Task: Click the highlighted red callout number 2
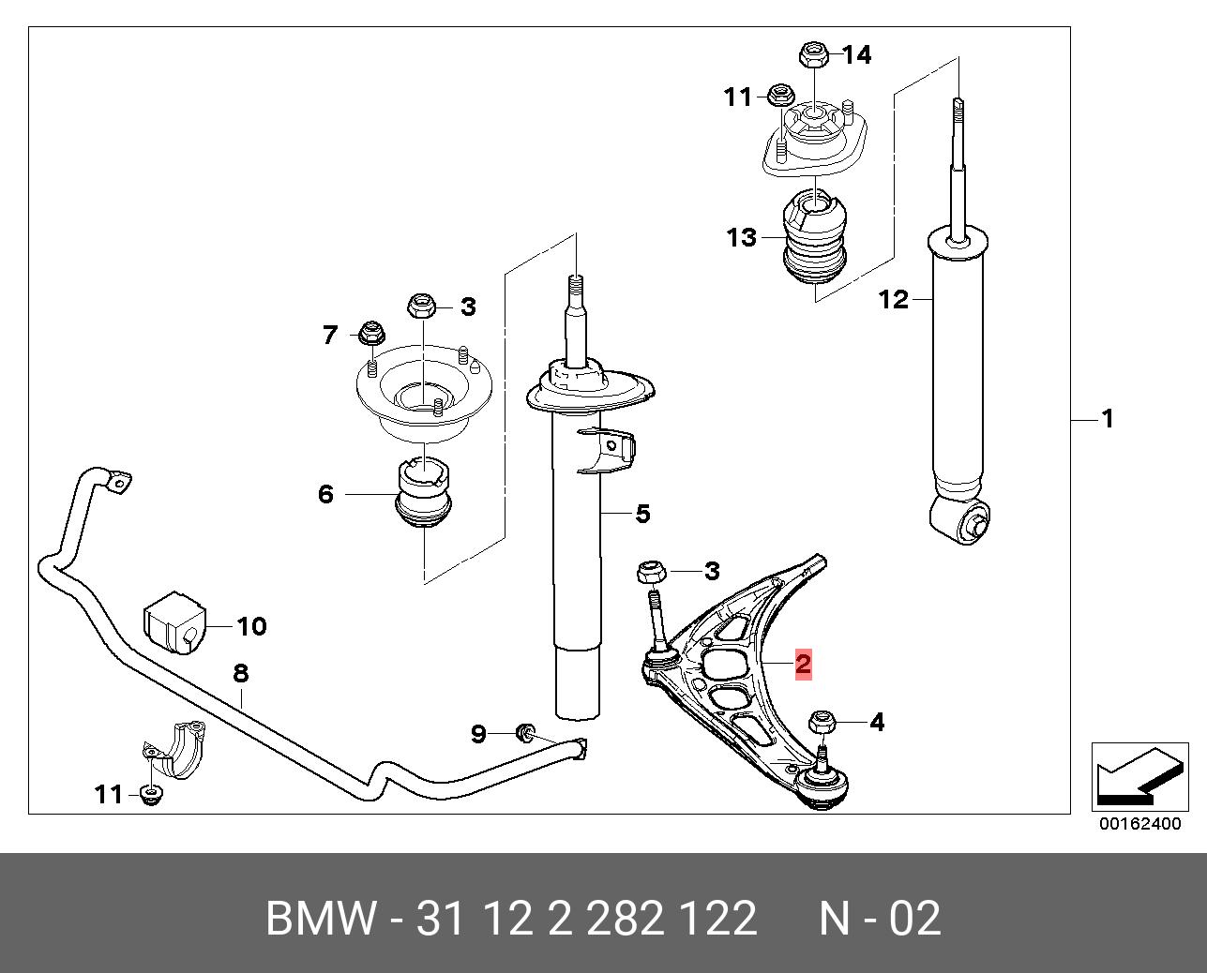click(803, 664)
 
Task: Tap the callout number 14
click(856, 55)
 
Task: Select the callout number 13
click(741, 237)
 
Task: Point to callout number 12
click(894, 299)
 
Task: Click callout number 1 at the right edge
click(1108, 418)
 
